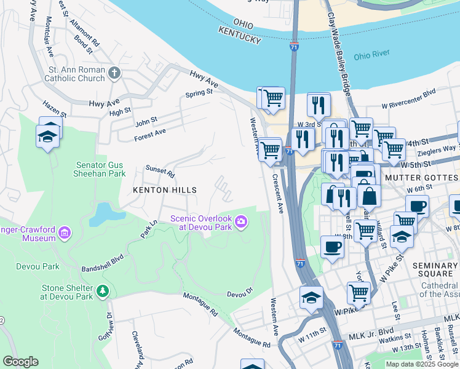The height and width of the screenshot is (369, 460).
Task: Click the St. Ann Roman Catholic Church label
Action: [75, 74]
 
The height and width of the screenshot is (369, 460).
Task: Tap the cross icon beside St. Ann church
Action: [114, 74]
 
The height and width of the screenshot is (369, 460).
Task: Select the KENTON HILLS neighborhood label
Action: [165, 190]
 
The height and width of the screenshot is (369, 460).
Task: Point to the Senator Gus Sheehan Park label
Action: [109, 170]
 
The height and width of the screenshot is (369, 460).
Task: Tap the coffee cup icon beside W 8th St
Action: [332, 247]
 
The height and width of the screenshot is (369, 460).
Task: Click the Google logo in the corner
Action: [20, 362]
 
